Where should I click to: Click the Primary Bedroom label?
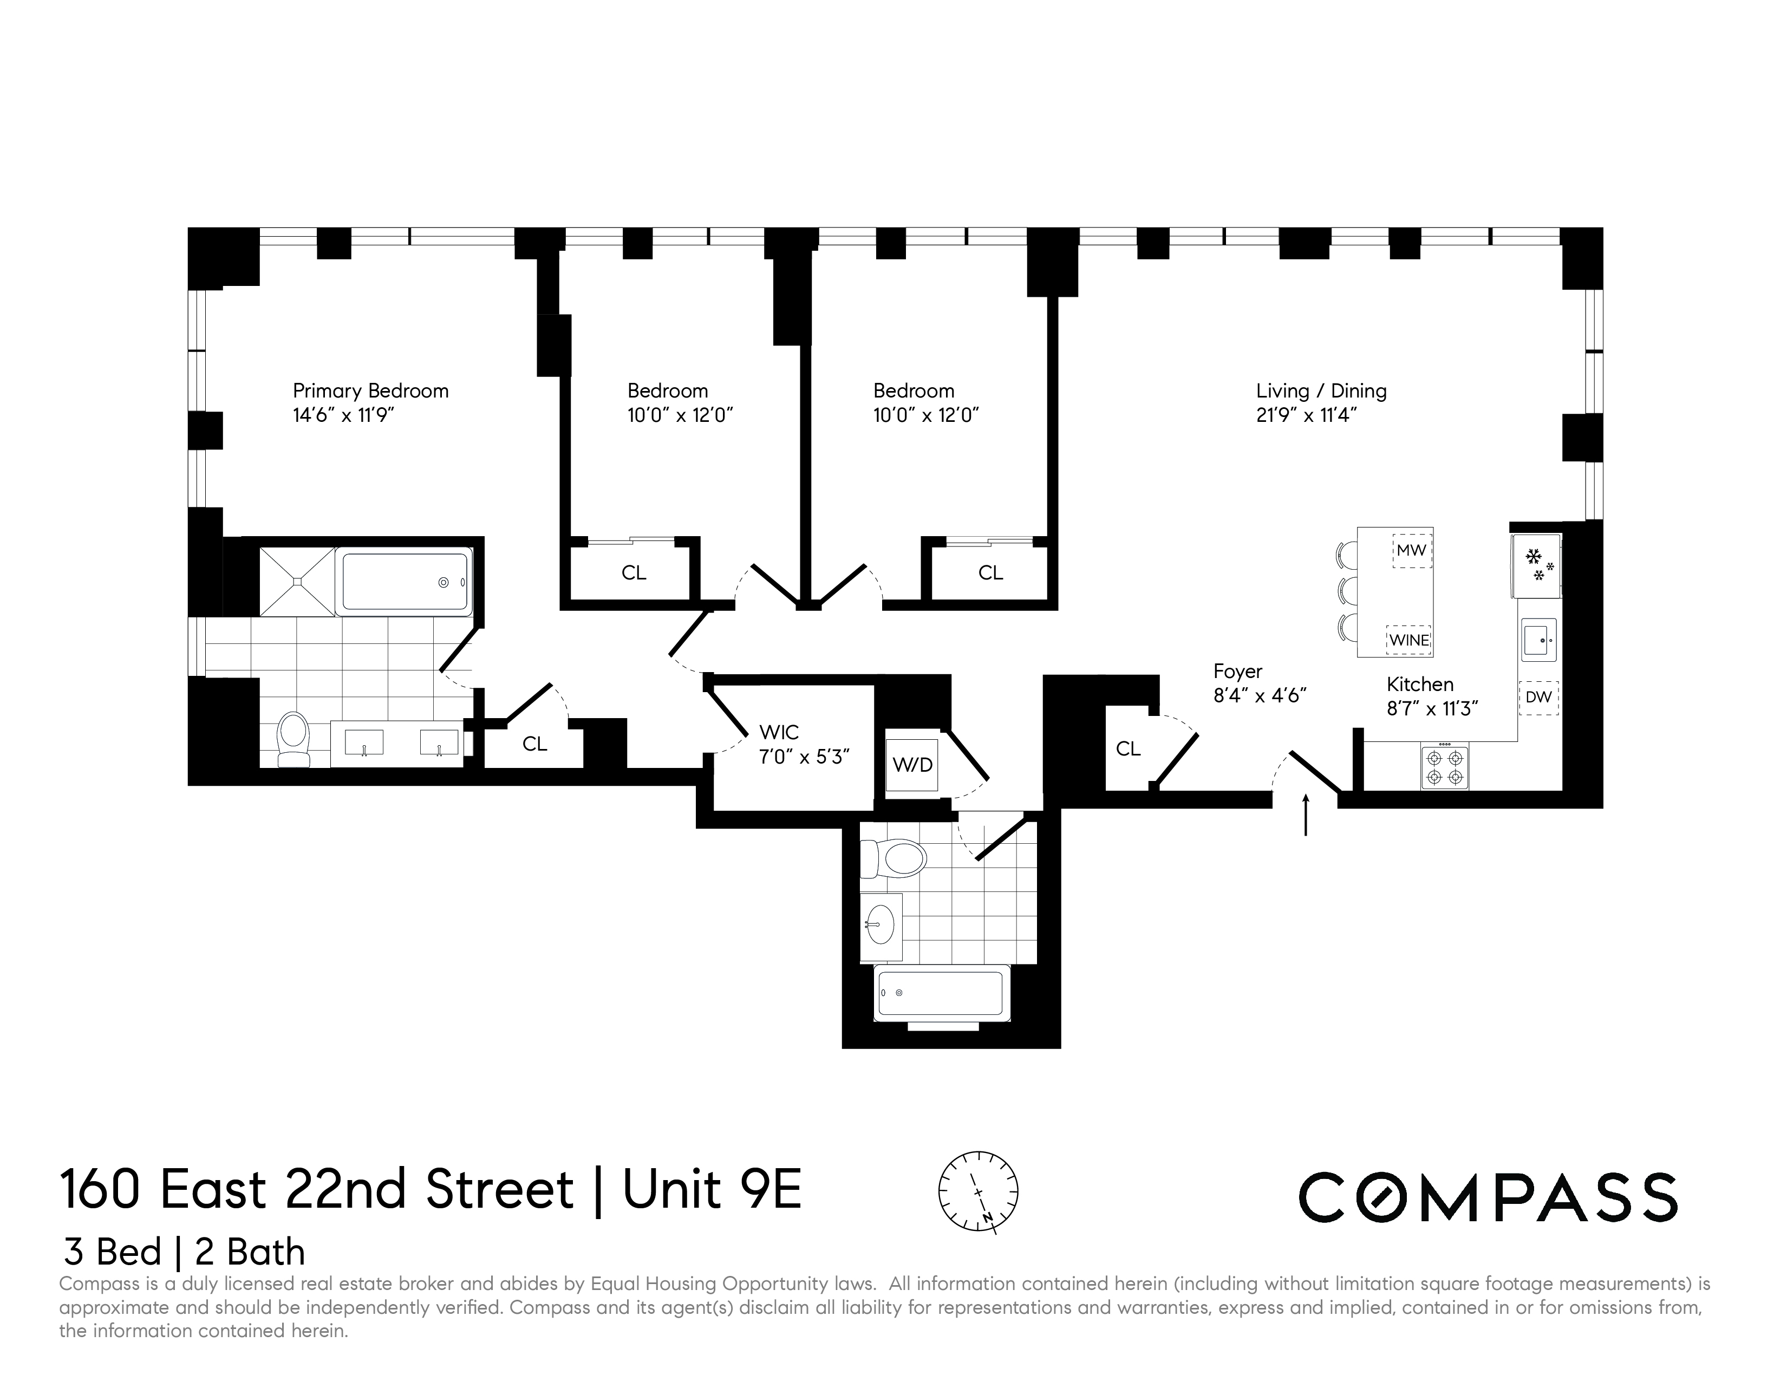coord(370,391)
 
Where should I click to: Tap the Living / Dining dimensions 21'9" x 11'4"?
coord(1306,415)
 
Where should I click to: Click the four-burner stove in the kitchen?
coord(1444,767)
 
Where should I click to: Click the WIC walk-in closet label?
coord(779,732)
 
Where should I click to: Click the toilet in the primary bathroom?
coord(293,739)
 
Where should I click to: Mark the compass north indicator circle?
coord(978,1191)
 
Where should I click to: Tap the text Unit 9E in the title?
coord(712,1190)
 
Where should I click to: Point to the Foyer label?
coord(1237,672)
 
